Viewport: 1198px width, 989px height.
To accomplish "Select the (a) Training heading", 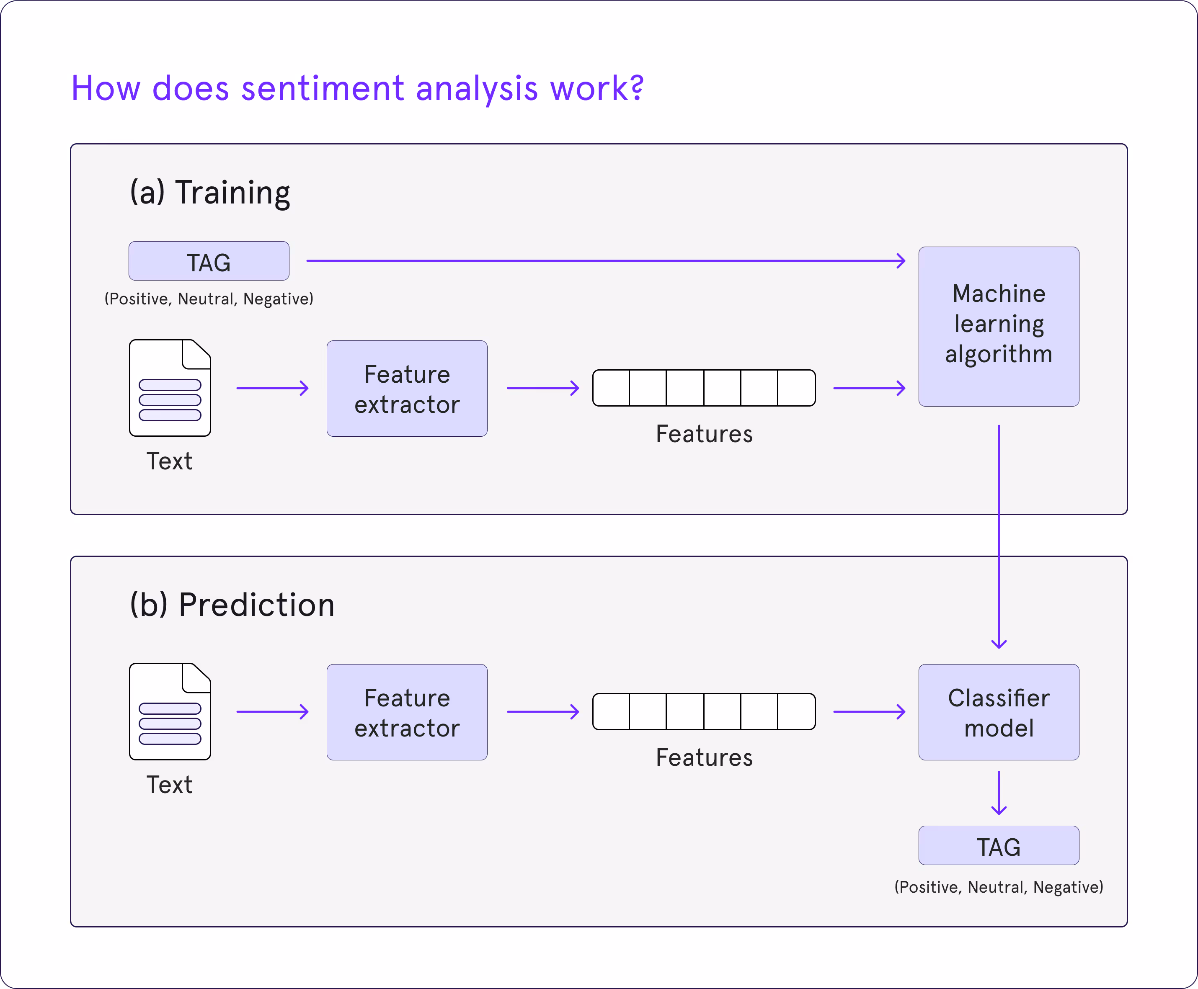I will click(x=210, y=192).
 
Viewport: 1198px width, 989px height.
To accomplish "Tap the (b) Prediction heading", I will click(x=232, y=605).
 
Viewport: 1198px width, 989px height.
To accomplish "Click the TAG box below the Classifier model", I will click(x=999, y=846).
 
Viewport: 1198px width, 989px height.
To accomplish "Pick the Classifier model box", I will click(x=999, y=712).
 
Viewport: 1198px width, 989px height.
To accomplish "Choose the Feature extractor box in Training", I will click(x=407, y=389).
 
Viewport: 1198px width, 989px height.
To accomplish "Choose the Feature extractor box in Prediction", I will click(x=407, y=712).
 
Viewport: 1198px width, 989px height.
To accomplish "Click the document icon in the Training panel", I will click(x=170, y=389).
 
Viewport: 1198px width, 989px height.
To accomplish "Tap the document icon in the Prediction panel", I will click(x=170, y=712).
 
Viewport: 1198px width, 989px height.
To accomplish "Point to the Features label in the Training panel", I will click(x=704, y=434).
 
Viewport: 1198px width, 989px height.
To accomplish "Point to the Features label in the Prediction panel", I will click(x=704, y=758).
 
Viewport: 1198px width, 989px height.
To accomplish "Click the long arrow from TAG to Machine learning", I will click(x=604, y=261).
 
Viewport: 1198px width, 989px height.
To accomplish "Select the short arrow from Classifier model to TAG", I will click(x=999, y=793).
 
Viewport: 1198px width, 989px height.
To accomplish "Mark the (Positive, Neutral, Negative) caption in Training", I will click(x=209, y=299).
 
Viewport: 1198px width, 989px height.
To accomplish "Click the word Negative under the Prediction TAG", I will click(x=1066, y=887).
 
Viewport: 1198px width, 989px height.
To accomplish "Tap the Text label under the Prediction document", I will click(x=170, y=785).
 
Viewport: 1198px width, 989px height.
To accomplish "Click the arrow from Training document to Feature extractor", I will click(x=272, y=389).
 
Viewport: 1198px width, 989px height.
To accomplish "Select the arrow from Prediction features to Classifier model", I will click(x=869, y=712).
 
